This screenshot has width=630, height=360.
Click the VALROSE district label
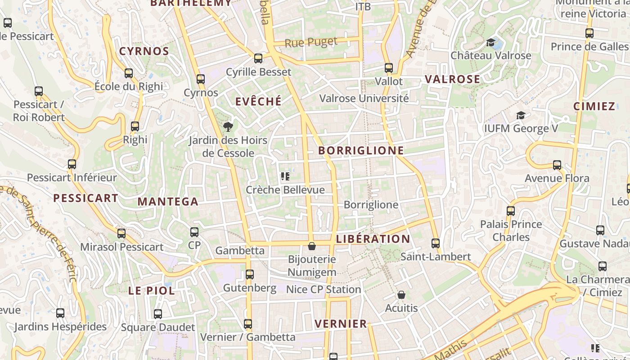[452, 79]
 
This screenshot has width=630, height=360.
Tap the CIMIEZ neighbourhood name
[594, 106]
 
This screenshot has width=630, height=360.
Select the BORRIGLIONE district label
[361, 150]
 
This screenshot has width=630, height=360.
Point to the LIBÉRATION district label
[373, 238]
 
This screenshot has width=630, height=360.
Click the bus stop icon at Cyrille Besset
[258, 58]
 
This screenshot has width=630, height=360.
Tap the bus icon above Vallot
[389, 68]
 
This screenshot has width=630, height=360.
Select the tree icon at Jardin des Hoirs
[228, 126]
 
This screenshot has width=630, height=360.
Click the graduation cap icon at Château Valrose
[490, 43]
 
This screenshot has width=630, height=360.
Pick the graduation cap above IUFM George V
[521, 115]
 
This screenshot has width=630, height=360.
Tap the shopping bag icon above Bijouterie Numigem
[311, 246]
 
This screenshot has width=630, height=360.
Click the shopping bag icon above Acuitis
[401, 295]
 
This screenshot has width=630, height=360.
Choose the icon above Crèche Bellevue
[285, 176]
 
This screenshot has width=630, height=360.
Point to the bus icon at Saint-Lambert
[435, 243]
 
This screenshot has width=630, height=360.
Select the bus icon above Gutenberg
[250, 274]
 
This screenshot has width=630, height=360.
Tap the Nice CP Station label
[324, 289]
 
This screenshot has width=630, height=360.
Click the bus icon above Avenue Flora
[557, 165]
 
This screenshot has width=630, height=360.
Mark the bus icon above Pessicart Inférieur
[72, 164]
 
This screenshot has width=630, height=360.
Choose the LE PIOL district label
[152, 291]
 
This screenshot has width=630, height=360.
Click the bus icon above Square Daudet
[158, 314]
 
